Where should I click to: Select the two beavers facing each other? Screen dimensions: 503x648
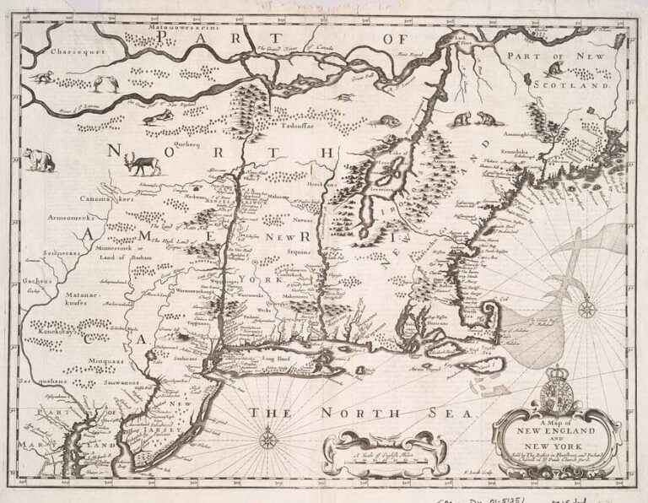(x=474, y=119)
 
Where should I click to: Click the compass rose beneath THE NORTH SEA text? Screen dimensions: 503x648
(x=268, y=439)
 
